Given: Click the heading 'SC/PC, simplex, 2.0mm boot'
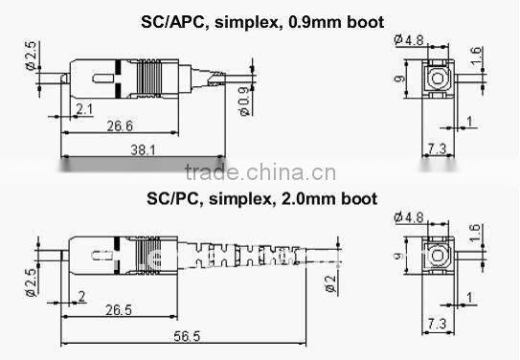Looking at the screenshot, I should [x=260, y=199].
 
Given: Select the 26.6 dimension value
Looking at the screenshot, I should [x=119, y=124].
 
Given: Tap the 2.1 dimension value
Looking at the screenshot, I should [x=85, y=110].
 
